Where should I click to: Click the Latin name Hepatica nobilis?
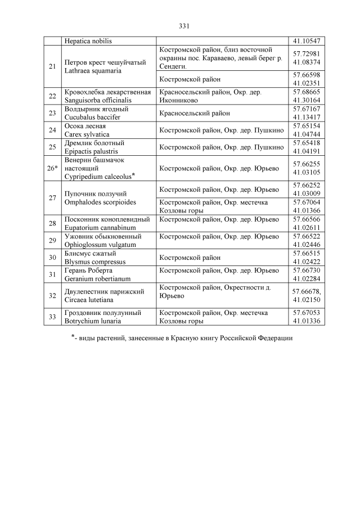tap(88, 41)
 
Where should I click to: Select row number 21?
tap(52, 66)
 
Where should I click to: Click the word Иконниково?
tap(181, 100)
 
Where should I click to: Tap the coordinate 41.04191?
tap(307, 152)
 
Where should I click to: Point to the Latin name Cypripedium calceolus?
tap(97, 177)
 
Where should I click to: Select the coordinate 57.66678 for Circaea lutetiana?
tap(307, 291)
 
